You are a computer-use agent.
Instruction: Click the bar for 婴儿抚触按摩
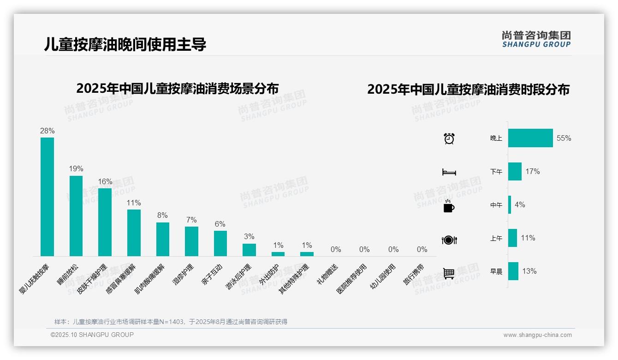(x=47, y=197)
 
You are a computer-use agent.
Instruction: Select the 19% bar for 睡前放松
(x=76, y=216)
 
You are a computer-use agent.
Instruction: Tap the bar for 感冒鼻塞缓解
(x=134, y=233)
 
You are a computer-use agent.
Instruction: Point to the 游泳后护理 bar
(x=249, y=250)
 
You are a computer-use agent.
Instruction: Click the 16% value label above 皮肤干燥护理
(x=105, y=181)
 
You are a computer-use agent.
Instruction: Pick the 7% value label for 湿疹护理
(x=191, y=220)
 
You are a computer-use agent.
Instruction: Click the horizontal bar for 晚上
(x=530, y=138)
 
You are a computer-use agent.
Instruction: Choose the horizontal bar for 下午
(x=515, y=171)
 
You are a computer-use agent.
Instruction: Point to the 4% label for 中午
(x=520, y=204)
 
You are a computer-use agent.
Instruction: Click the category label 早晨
(x=496, y=271)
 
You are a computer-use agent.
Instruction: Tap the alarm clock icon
(x=449, y=138)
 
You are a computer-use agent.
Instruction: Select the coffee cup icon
(x=449, y=206)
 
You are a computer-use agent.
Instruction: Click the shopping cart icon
(x=449, y=273)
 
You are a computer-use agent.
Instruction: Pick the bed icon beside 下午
(x=449, y=172)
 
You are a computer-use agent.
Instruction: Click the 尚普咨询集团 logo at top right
(x=536, y=39)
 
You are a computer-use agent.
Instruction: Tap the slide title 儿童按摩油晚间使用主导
(x=125, y=44)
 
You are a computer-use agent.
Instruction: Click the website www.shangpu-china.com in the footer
(x=537, y=335)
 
